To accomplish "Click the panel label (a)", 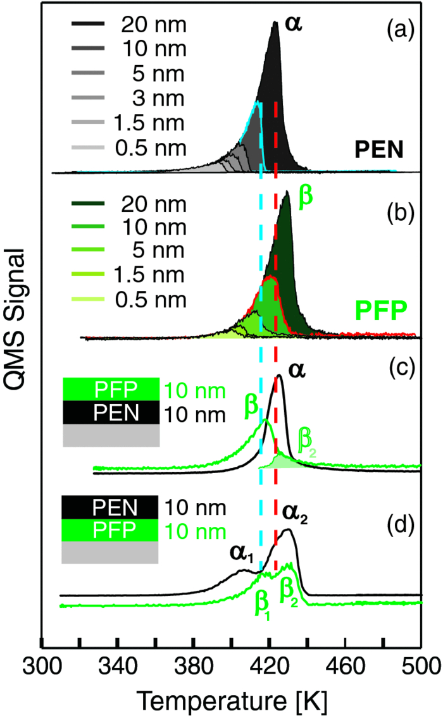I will coord(397,30).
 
